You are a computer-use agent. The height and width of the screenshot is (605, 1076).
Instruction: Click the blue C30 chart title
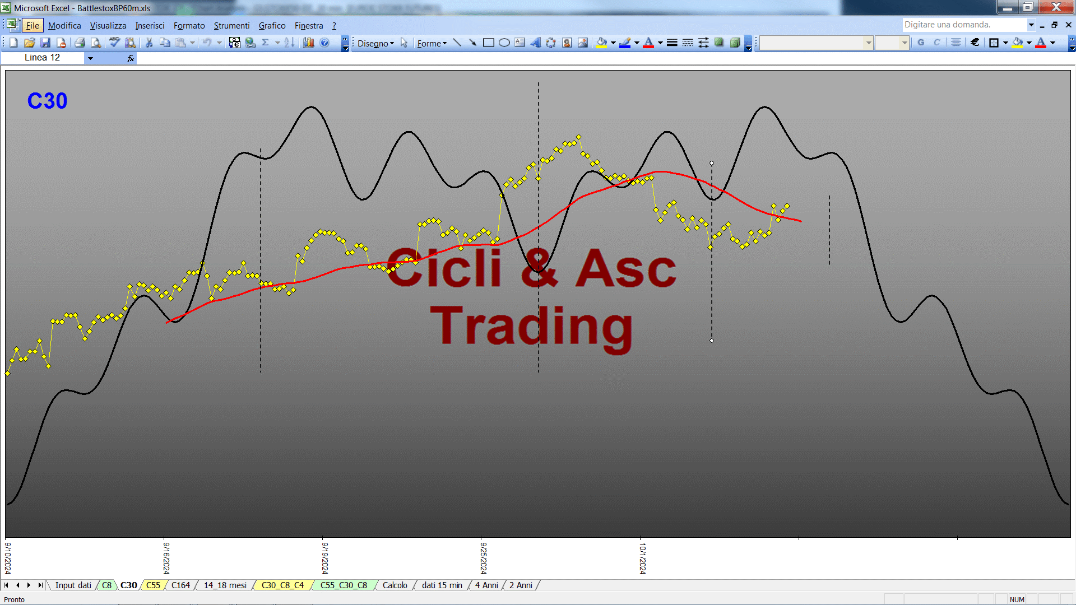pos(47,101)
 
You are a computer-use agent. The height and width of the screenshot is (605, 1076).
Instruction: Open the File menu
pos(33,25)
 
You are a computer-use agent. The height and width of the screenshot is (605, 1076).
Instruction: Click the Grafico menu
pos(272,25)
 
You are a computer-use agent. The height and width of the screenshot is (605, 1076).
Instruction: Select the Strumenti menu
pos(231,25)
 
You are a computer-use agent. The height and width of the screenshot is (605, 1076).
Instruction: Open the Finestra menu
pos(309,25)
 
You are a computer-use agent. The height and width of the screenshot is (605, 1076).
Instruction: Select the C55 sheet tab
pos(153,585)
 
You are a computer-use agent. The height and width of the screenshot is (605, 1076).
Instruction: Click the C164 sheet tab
pos(180,585)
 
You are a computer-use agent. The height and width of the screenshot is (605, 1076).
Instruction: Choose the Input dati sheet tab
pos(73,585)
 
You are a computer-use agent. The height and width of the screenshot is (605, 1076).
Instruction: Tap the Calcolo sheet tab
pos(395,585)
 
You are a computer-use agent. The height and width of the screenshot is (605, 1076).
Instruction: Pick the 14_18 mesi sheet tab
pos(225,585)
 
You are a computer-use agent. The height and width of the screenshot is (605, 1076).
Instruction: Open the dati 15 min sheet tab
pos(442,585)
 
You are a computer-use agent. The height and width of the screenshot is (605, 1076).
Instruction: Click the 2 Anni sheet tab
pos(521,585)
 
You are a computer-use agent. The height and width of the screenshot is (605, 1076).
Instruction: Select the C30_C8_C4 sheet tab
pos(282,585)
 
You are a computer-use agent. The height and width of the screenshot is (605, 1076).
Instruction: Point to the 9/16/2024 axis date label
pos(166,558)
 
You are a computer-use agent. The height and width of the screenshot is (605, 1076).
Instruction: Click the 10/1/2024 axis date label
pos(643,558)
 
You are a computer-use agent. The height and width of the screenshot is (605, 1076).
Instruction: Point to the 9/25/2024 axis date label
pos(484,558)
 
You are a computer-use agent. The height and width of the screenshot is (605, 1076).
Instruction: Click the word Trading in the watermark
pos(531,327)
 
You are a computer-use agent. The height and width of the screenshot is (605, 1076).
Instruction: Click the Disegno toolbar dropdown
pos(375,43)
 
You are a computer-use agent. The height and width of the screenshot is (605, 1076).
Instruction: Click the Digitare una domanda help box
pos(964,25)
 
